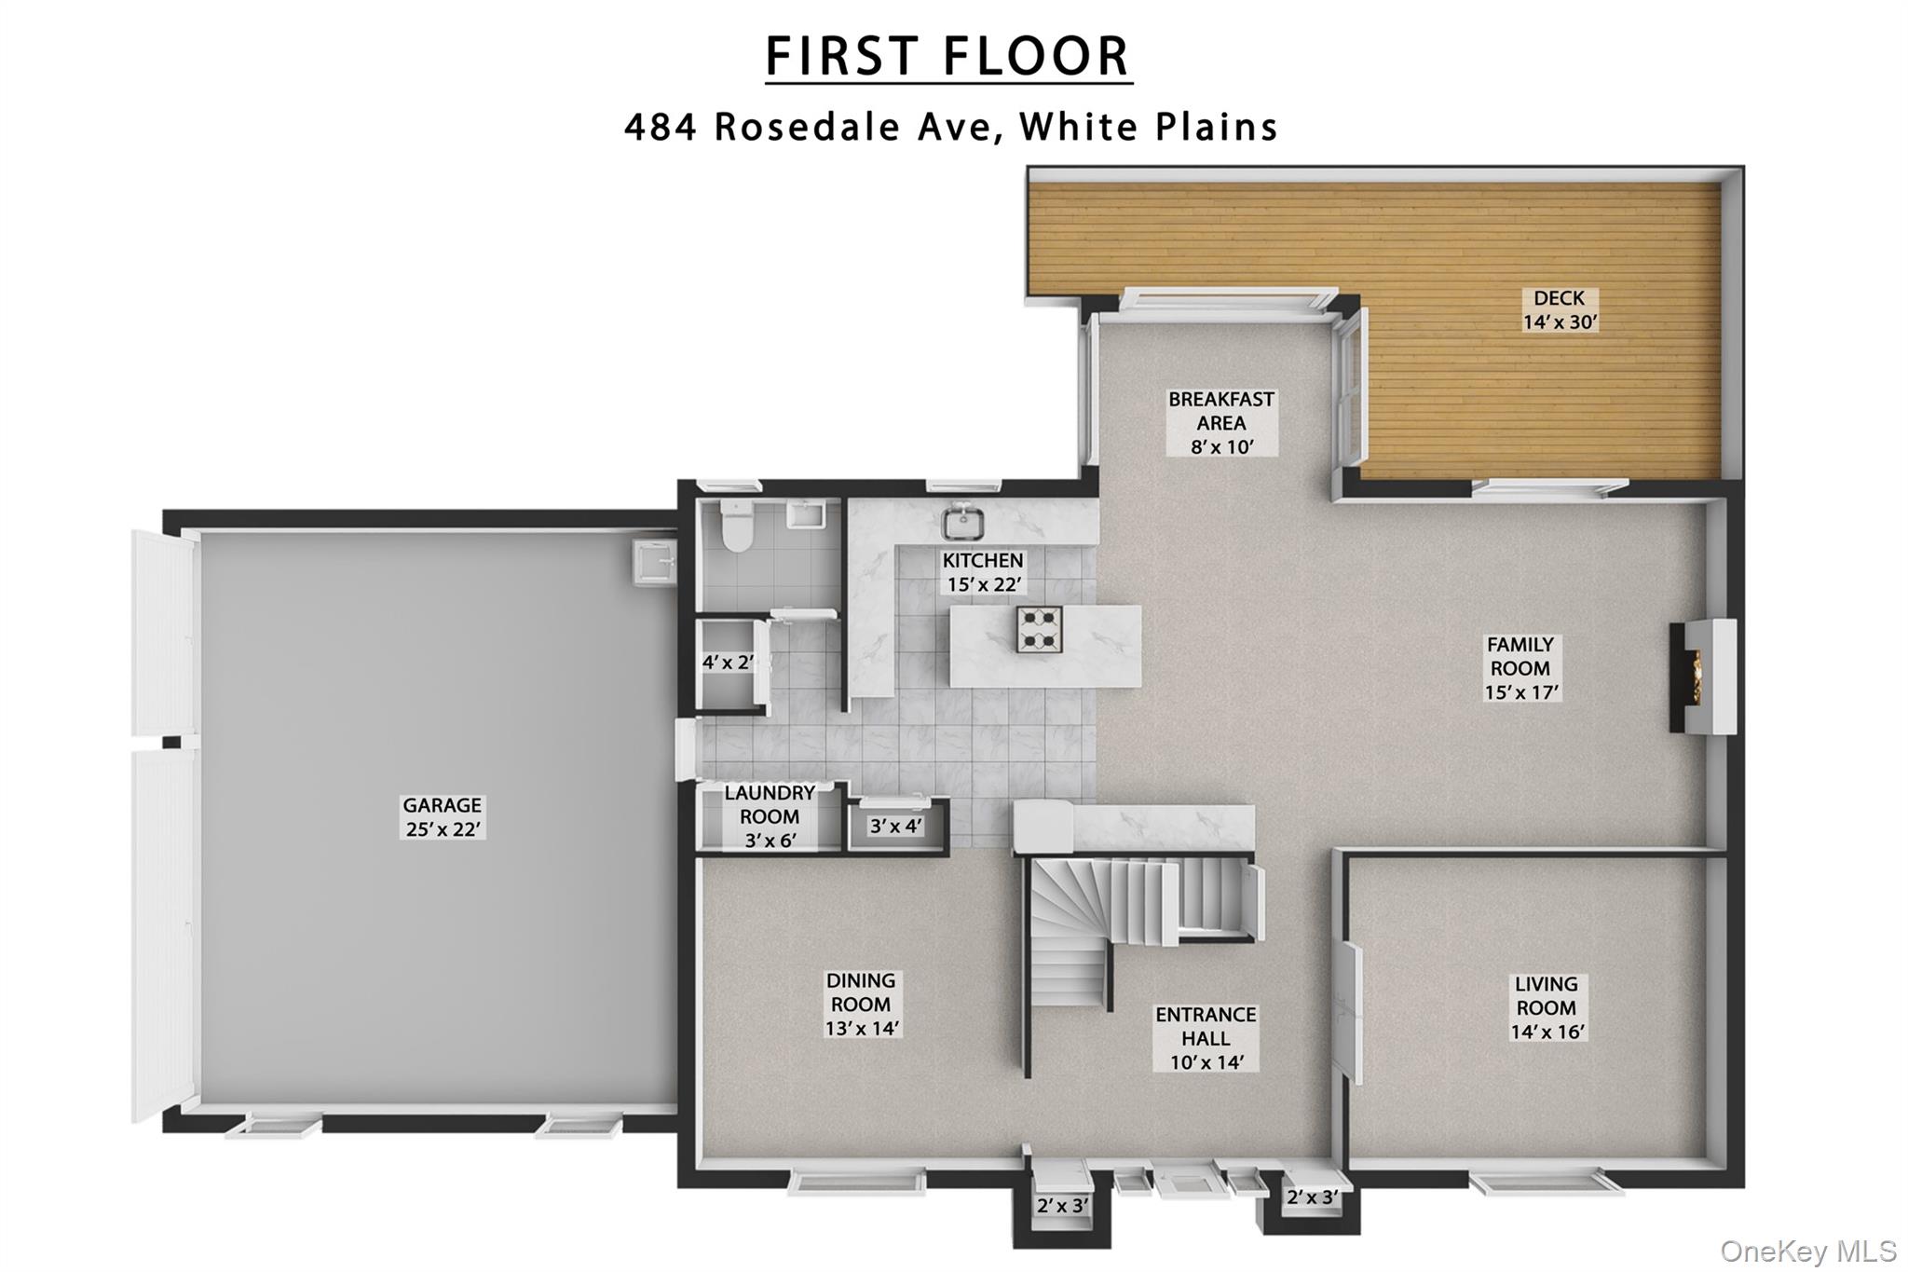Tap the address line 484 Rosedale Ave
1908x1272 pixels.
(950, 128)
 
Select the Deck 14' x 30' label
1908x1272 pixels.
(1560, 310)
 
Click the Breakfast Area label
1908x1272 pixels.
(1221, 423)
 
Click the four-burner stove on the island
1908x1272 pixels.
(1039, 629)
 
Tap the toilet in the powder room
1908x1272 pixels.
(737, 528)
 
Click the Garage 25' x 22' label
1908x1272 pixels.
(443, 817)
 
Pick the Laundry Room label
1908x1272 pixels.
(770, 816)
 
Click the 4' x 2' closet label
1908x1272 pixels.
(727, 663)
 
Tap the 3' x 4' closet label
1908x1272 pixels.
(895, 826)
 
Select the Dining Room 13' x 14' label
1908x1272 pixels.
(861, 1005)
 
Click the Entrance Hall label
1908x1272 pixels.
(1206, 1038)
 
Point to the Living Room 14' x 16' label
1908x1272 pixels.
(1546, 1008)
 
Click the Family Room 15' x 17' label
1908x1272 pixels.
(1520, 668)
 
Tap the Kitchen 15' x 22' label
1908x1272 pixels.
(983, 572)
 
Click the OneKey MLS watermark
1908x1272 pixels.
(1807, 1251)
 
